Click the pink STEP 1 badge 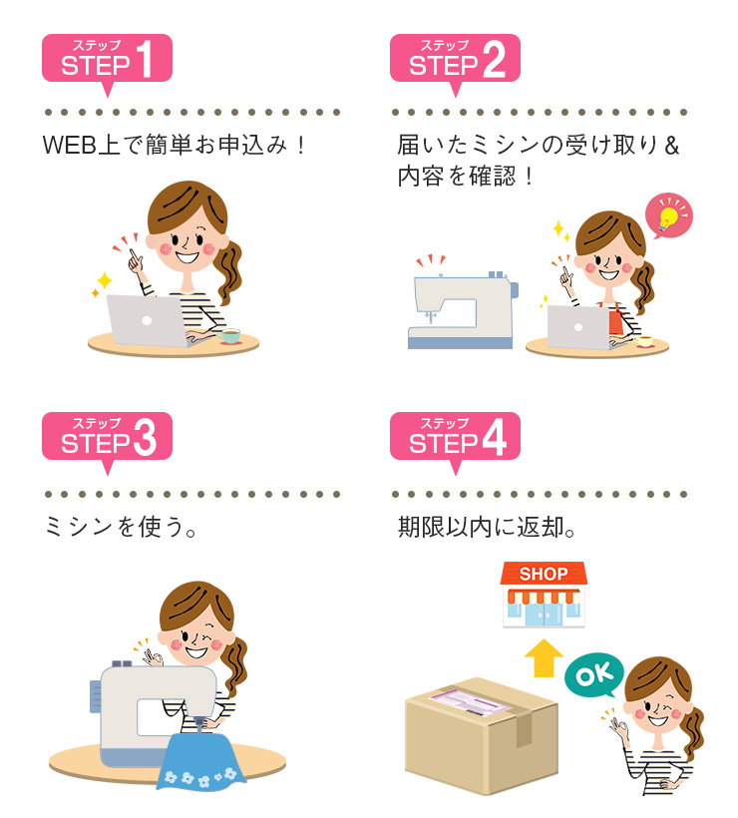(x=107, y=60)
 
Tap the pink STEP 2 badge (x=455, y=60)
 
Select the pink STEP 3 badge (x=107, y=437)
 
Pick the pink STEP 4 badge (x=455, y=437)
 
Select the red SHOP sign (x=544, y=574)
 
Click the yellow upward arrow (x=545, y=657)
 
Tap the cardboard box (x=479, y=738)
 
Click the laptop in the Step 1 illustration (x=146, y=319)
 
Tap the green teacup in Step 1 (x=230, y=336)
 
